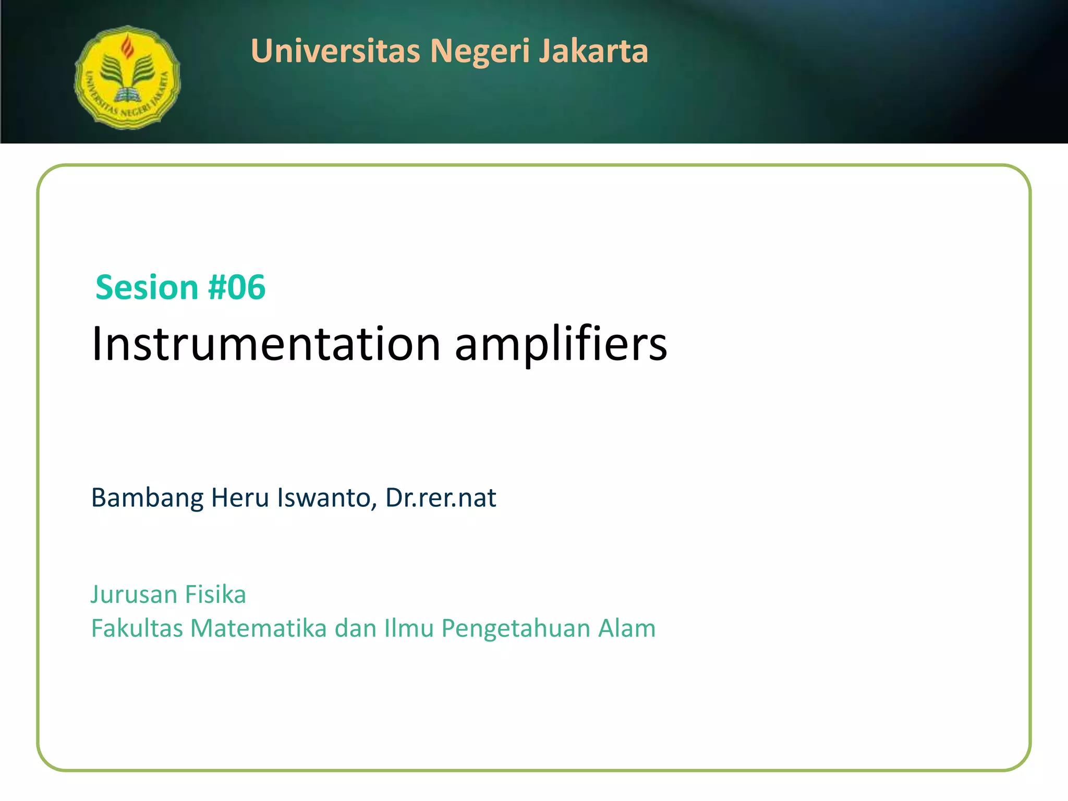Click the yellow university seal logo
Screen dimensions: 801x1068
pyautogui.click(x=127, y=77)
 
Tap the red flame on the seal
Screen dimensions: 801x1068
pyautogui.click(x=127, y=47)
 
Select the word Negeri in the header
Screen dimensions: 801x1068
pyautogui.click(x=480, y=51)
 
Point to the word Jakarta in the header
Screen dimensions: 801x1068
pyautogui.click(x=593, y=51)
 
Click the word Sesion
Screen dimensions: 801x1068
pyautogui.click(x=147, y=287)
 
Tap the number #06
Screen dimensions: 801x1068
pyautogui.click(x=237, y=287)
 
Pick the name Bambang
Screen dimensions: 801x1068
pyautogui.click(x=147, y=498)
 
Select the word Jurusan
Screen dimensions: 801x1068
pyautogui.click(x=134, y=594)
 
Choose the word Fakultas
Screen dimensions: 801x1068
pyautogui.click(x=137, y=628)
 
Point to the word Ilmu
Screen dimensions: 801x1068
pyautogui.click(x=409, y=628)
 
